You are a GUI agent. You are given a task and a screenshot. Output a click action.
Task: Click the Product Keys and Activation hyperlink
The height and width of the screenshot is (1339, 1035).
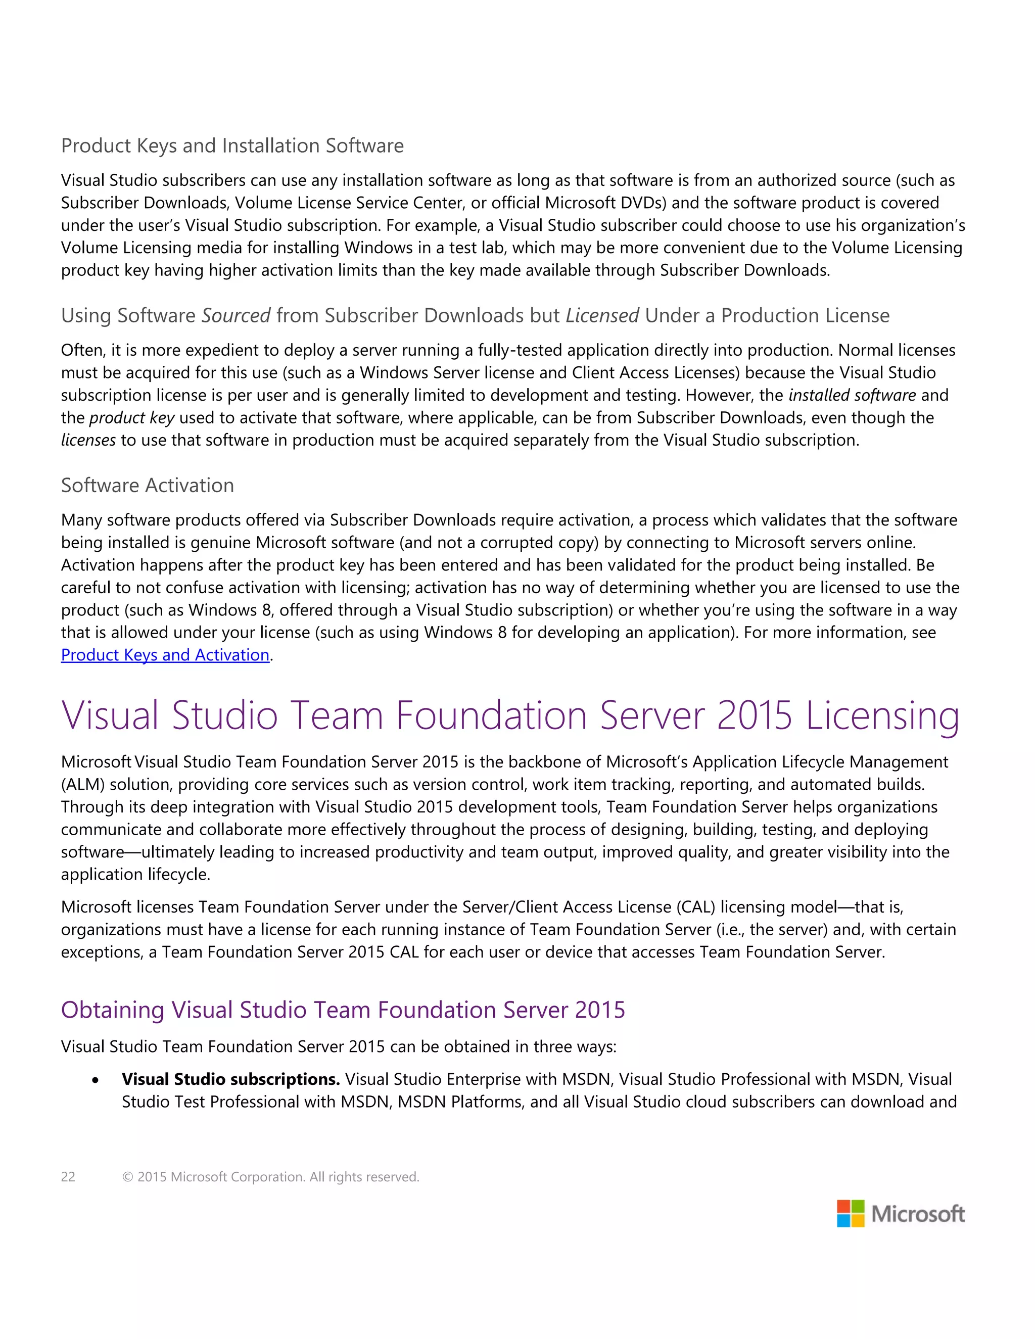tap(165, 655)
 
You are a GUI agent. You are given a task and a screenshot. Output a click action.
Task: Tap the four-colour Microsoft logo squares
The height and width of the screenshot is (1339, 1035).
tap(851, 1213)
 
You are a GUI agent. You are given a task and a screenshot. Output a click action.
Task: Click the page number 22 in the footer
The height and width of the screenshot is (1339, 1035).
tap(68, 1176)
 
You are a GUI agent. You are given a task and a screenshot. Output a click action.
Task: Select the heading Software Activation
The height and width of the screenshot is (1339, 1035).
tap(147, 485)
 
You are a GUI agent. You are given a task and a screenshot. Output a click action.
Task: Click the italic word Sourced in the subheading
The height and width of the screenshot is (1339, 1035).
tap(236, 315)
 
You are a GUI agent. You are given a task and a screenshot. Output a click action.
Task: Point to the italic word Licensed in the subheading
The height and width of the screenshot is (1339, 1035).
tap(602, 315)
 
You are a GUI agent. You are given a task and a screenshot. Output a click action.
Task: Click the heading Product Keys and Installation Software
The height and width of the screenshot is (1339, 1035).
tap(232, 146)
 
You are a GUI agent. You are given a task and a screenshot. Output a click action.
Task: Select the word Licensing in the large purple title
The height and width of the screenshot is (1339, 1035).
tap(882, 716)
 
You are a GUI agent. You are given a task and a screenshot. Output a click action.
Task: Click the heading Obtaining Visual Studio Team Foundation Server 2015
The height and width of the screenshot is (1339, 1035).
tap(343, 1010)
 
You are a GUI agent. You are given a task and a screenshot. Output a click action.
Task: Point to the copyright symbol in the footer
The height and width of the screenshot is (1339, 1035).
tap(127, 1176)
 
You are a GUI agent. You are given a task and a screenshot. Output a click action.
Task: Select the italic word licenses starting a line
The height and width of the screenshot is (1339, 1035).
tap(88, 440)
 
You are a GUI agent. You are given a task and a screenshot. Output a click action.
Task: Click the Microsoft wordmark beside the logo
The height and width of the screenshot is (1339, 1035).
tap(917, 1214)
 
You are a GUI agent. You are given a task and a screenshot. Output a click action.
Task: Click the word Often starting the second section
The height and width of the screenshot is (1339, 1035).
tap(83, 350)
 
